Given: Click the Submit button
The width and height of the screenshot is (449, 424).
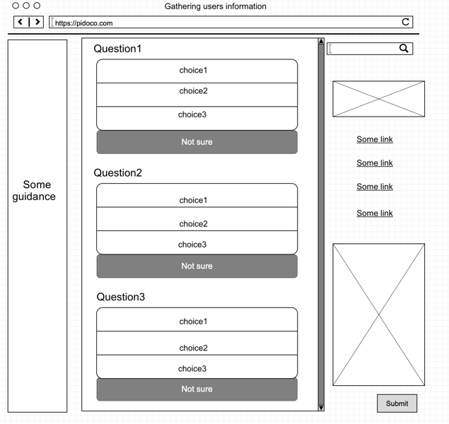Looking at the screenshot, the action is pyautogui.click(x=397, y=404).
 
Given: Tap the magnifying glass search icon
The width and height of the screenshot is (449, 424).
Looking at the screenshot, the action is pyautogui.click(x=404, y=48).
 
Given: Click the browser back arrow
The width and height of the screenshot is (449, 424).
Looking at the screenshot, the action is pyautogui.click(x=21, y=22).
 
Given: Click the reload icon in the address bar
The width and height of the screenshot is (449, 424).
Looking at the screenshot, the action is pyautogui.click(x=405, y=22).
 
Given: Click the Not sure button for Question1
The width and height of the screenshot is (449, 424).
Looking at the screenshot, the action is pyautogui.click(x=197, y=142).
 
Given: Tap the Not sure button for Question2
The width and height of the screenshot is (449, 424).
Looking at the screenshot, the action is pyautogui.click(x=197, y=266).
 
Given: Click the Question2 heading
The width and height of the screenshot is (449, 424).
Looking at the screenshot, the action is pyautogui.click(x=117, y=173).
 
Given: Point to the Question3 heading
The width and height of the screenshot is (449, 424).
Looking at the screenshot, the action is pyautogui.click(x=120, y=297).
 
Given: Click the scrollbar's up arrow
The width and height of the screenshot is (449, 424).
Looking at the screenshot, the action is pyautogui.click(x=321, y=41).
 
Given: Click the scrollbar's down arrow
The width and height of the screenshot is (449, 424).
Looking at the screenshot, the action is pyautogui.click(x=321, y=408).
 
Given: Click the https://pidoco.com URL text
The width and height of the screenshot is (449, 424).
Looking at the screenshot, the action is pyautogui.click(x=84, y=23).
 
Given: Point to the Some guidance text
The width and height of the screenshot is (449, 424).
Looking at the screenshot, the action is pyautogui.click(x=35, y=191).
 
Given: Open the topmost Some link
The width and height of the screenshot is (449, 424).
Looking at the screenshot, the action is pyautogui.click(x=375, y=139).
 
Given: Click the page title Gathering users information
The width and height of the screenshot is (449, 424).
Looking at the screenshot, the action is pyautogui.click(x=216, y=6).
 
